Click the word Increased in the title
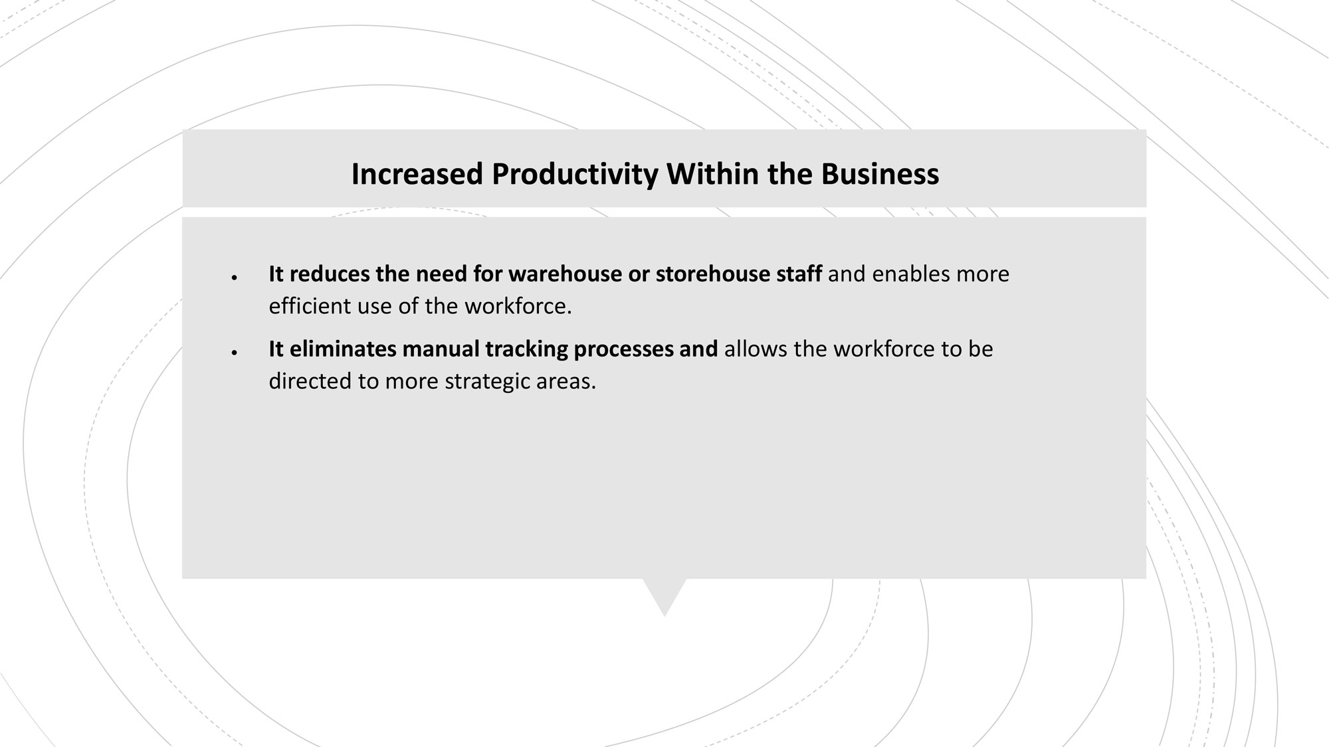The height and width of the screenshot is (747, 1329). (x=417, y=174)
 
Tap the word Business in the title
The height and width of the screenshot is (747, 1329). (x=880, y=174)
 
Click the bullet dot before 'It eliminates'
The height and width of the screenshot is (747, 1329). (x=235, y=353)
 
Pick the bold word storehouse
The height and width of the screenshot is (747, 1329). (x=712, y=274)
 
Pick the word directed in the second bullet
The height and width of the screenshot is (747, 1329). (x=311, y=381)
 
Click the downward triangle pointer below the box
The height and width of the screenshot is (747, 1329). (x=664, y=594)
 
